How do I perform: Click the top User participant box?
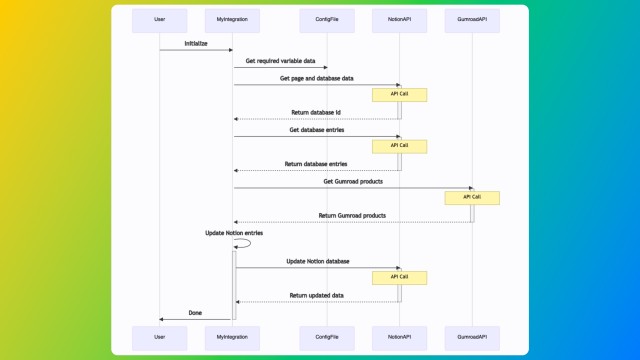click(x=159, y=19)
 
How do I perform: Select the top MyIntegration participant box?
click(x=232, y=19)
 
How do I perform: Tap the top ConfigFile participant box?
click(x=326, y=19)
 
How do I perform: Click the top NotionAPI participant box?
click(x=399, y=19)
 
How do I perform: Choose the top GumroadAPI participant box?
click(x=472, y=19)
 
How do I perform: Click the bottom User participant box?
click(x=159, y=337)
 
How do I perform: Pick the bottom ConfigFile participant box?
click(x=326, y=337)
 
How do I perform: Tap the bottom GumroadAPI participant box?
click(x=472, y=337)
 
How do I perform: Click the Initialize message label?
click(x=196, y=44)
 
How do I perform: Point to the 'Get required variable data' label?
click(x=280, y=61)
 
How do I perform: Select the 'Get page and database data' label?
click(x=316, y=78)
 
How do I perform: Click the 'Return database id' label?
click(x=316, y=112)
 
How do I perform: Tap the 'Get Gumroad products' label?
click(x=352, y=181)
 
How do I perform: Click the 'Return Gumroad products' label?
click(x=352, y=215)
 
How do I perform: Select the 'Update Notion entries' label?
click(x=233, y=232)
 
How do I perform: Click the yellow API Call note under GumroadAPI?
click(x=472, y=198)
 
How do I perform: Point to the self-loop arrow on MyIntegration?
click(x=244, y=242)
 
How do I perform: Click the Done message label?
click(x=195, y=313)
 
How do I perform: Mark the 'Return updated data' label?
click(x=316, y=295)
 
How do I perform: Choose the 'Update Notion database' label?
click(x=317, y=261)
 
